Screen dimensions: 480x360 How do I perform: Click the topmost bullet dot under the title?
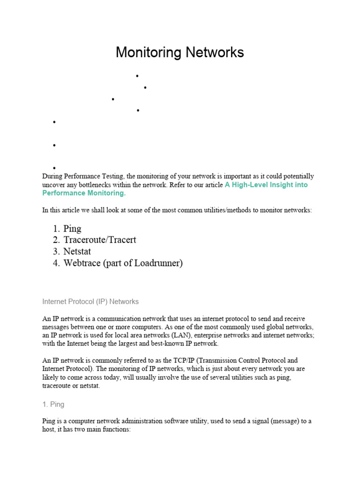tap(138, 76)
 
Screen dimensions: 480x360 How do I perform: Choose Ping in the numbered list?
tap(72, 229)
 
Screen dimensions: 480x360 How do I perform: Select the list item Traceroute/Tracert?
tap(100, 240)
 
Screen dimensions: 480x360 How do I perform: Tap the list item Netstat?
tap(77, 251)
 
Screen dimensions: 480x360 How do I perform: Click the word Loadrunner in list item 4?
tap(157, 263)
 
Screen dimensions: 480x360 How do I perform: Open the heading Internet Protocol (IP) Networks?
tap(90, 301)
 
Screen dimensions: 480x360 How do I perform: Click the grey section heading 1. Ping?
tap(53, 404)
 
